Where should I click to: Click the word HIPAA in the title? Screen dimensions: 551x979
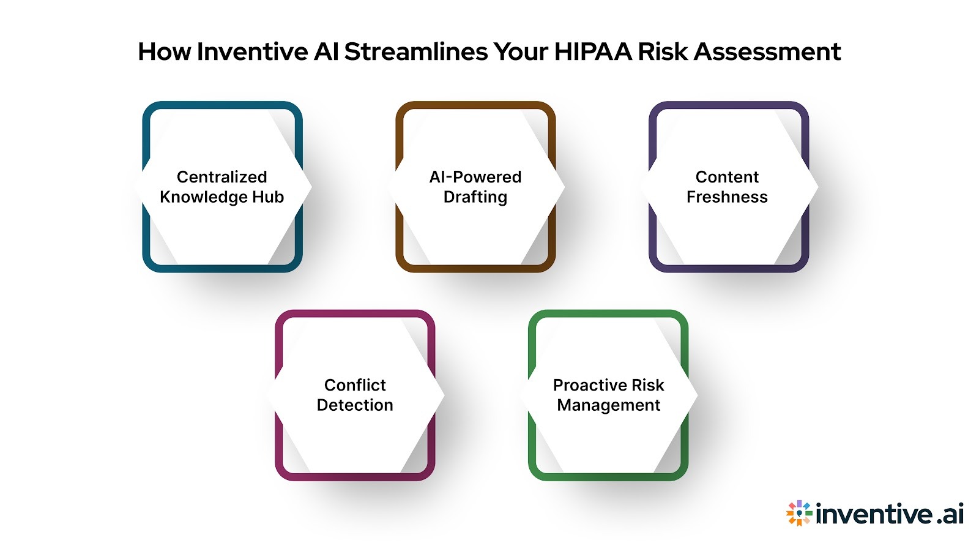click(x=593, y=51)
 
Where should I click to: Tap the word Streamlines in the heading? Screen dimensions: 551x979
click(x=415, y=51)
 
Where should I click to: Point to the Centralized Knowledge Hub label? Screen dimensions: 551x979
click(x=221, y=187)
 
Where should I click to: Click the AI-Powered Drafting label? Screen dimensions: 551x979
click(x=475, y=187)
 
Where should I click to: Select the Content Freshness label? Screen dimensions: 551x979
click(x=727, y=187)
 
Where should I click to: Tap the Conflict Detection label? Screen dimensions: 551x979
click(x=355, y=395)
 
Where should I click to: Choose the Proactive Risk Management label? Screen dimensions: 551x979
click(x=608, y=395)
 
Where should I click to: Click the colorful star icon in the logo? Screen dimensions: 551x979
click(x=798, y=513)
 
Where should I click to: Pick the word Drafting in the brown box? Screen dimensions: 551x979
click(x=475, y=197)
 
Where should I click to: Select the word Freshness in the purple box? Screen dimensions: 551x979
click(x=727, y=197)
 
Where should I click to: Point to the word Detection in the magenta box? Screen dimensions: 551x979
click(x=355, y=405)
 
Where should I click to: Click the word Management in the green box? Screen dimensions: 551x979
click(x=608, y=405)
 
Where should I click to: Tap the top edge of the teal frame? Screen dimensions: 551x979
click(x=222, y=105)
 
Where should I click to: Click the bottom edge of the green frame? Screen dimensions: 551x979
click(x=608, y=476)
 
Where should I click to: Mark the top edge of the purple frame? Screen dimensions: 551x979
click(x=728, y=105)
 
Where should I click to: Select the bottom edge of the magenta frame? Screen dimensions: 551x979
click(x=355, y=476)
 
